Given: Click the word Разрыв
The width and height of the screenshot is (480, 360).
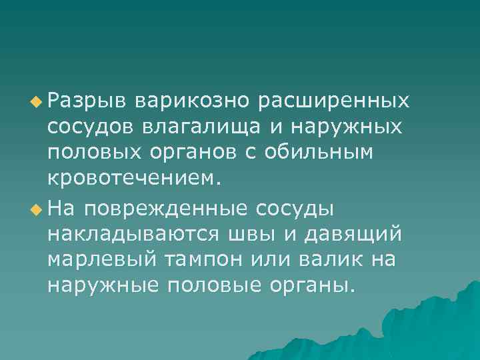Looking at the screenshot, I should click(86, 101).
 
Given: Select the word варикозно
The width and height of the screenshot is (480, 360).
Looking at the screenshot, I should click(191, 101).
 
